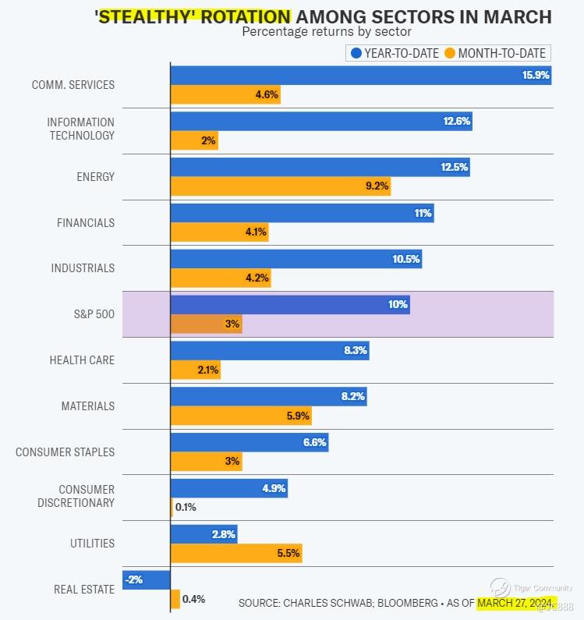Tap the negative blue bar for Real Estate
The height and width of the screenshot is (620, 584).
pyautogui.click(x=147, y=579)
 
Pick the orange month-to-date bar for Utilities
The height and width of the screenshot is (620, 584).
pyautogui.click(x=235, y=553)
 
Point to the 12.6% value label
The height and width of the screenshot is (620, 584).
pyautogui.click(x=458, y=121)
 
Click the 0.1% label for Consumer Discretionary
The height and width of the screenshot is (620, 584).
pyautogui.click(x=186, y=507)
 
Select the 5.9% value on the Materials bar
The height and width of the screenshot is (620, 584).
pyautogui.click(x=298, y=416)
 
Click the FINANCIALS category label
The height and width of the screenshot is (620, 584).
pyautogui.click(x=86, y=222)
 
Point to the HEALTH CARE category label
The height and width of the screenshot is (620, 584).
pyautogui.click(x=82, y=360)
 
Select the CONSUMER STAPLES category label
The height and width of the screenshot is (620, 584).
pyautogui.click(x=65, y=452)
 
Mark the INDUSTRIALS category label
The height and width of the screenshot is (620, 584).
pyautogui.click(x=83, y=268)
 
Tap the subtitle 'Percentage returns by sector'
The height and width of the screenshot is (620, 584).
pyautogui.click(x=327, y=32)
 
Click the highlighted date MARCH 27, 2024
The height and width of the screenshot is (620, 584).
pyautogui.click(x=515, y=603)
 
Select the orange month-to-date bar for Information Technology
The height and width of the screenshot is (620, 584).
pyautogui.click(x=194, y=140)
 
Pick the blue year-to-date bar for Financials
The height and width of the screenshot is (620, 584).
pyautogui.click(x=302, y=213)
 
